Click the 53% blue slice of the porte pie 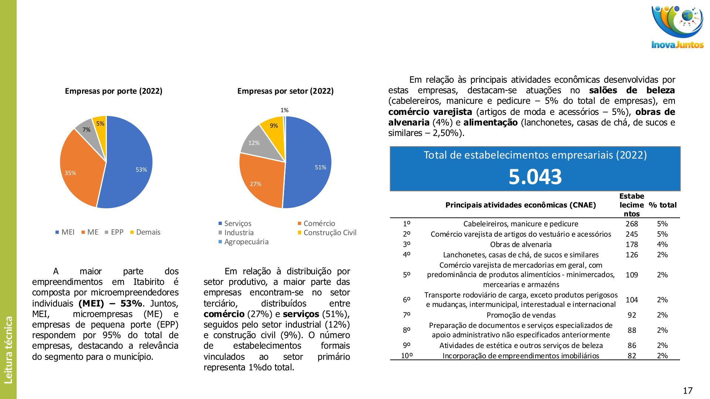(x=129, y=163)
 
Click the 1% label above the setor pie (x=284, y=110)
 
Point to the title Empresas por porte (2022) (x=114, y=91)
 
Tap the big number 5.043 (x=535, y=177)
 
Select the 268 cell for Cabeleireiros (x=632, y=224)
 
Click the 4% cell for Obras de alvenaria (x=662, y=245)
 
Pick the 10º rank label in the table (x=407, y=356)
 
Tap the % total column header (x=663, y=205)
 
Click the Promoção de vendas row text (x=521, y=315)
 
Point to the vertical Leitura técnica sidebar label (x=9, y=349)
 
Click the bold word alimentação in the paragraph (x=490, y=123)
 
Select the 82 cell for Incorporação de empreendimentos (x=632, y=356)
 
